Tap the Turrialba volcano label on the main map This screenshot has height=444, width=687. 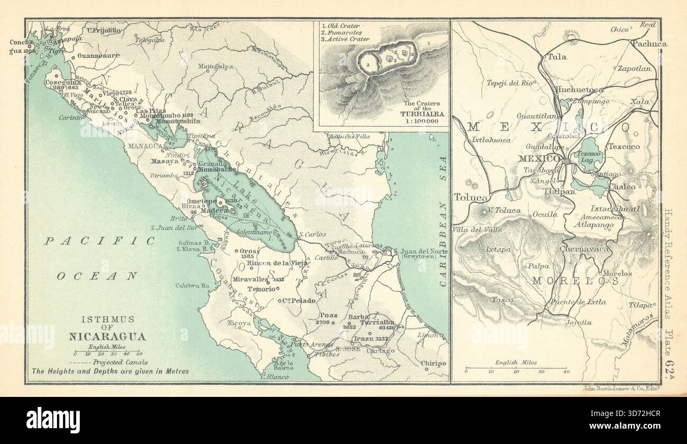(x=377, y=322)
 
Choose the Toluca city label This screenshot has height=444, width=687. (x=470, y=197)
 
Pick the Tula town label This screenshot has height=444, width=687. (x=554, y=57)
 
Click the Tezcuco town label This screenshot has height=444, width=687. (x=624, y=146)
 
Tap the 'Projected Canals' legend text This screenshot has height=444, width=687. (x=119, y=363)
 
